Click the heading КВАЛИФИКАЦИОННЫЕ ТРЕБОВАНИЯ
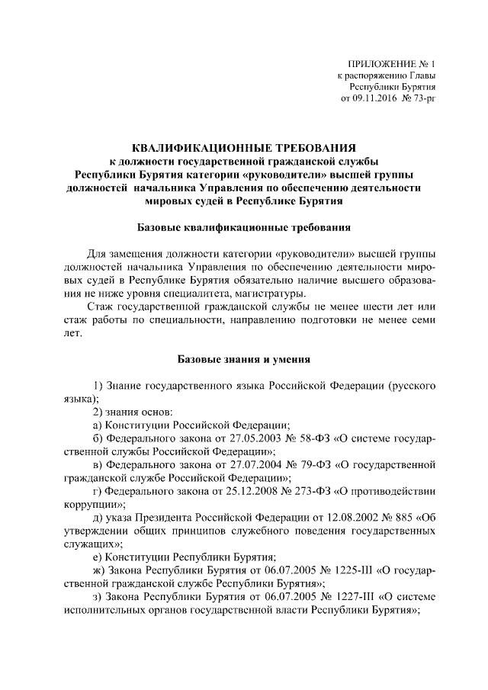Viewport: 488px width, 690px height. point(244,148)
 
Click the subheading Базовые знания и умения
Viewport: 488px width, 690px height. point(244,358)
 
